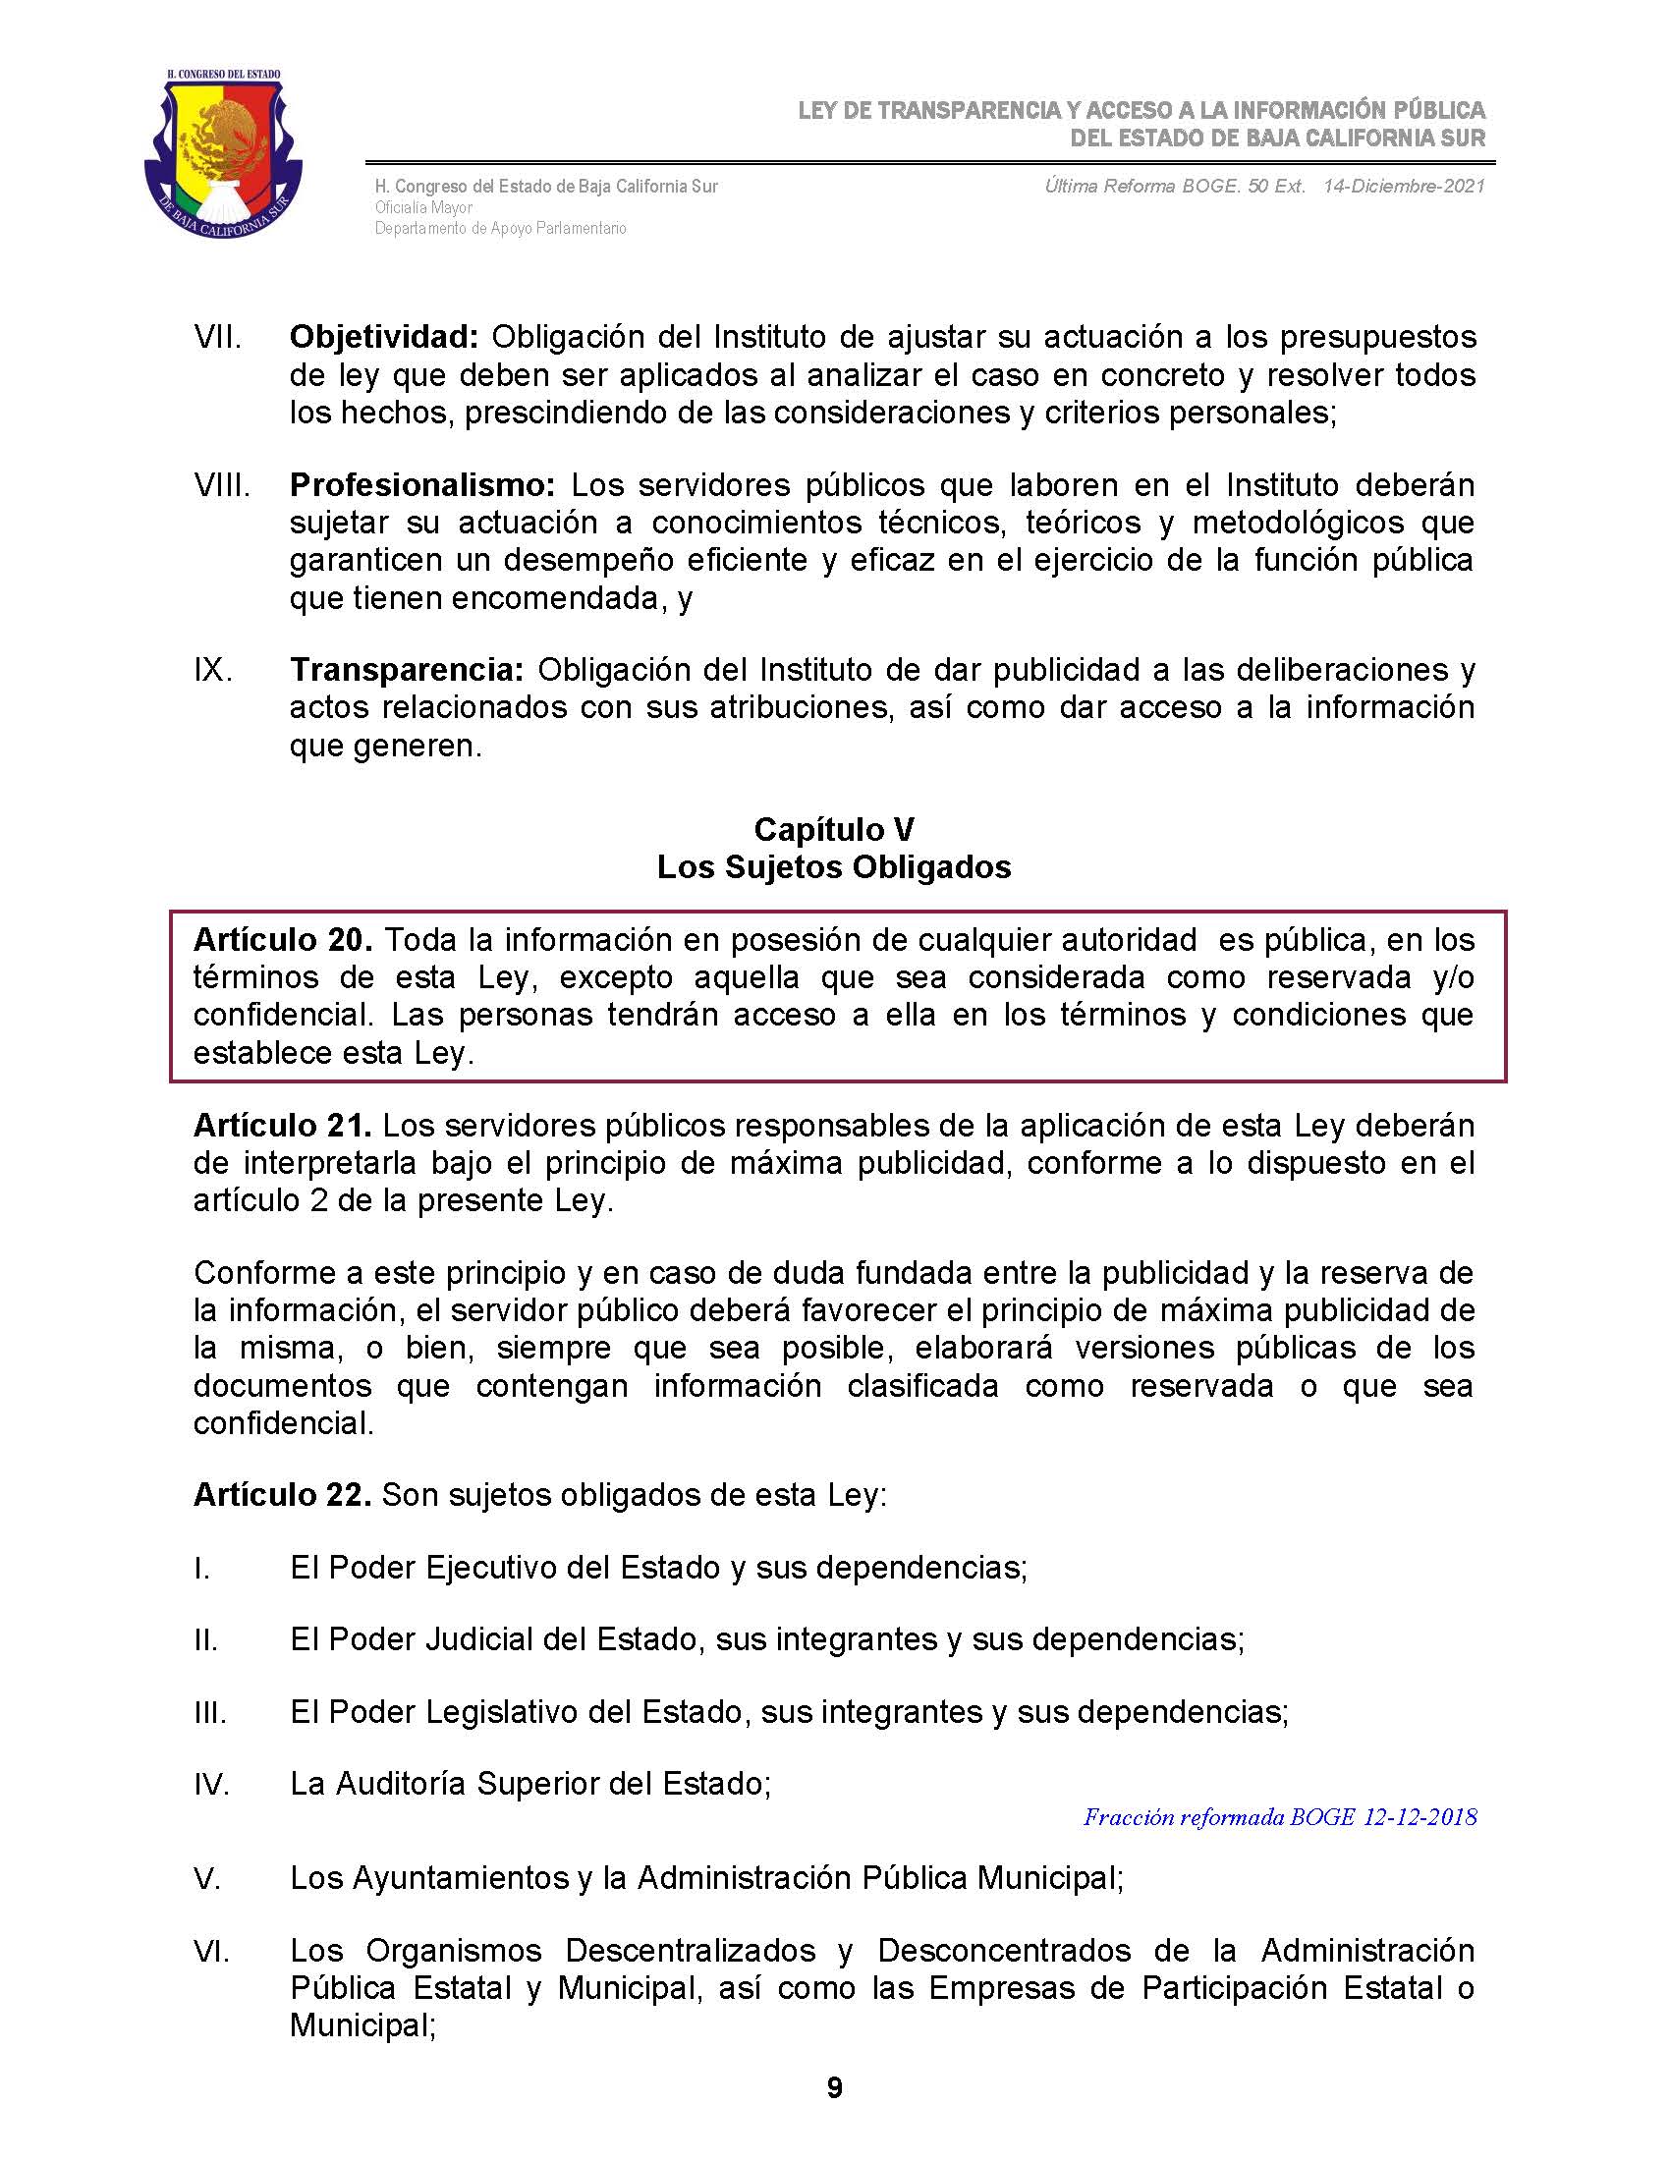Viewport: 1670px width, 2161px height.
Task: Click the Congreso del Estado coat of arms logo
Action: [x=223, y=154]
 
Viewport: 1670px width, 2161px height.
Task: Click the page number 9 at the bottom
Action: [x=834, y=2086]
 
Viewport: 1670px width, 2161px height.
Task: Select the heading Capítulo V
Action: [x=834, y=828]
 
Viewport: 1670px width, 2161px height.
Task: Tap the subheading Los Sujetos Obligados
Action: [x=834, y=866]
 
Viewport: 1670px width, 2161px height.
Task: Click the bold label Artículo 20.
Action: [x=282, y=939]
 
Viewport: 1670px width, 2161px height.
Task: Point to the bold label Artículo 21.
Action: [x=282, y=1125]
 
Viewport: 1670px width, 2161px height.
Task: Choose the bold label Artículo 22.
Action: [x=282, y=1494]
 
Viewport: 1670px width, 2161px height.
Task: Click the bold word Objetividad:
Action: [x=384, y=337]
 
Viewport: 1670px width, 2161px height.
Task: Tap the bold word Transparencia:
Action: [x=407, y=670]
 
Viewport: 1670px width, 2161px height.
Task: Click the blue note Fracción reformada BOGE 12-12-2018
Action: [x=1280, y=1816]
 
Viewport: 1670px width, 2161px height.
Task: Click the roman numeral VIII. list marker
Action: [x=222, y=486]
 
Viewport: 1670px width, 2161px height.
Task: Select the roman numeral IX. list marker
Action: [x=213, y=671]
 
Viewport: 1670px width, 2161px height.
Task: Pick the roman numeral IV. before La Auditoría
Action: [x=212, y=1784]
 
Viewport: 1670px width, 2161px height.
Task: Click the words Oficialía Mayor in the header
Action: [x=423, y=208]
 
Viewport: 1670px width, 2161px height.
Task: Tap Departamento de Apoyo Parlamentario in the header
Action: [x=500, y=229]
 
